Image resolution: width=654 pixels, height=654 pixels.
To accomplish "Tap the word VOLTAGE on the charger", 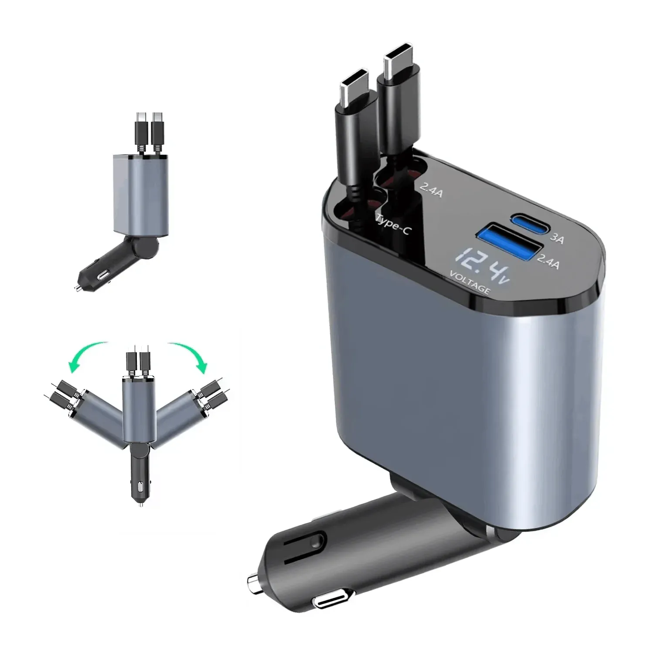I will [470, 283].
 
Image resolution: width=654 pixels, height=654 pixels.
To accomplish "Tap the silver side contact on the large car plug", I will [330, 603].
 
